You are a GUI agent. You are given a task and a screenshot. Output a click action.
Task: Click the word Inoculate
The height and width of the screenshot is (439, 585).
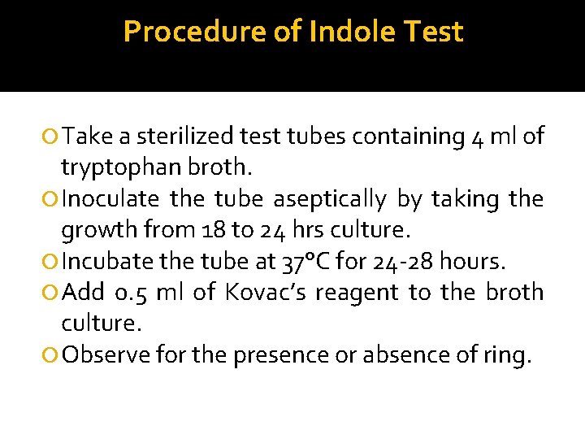click(x=110, y=199)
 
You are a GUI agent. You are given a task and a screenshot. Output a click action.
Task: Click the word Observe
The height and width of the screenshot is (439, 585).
click(x=105, y=355)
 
